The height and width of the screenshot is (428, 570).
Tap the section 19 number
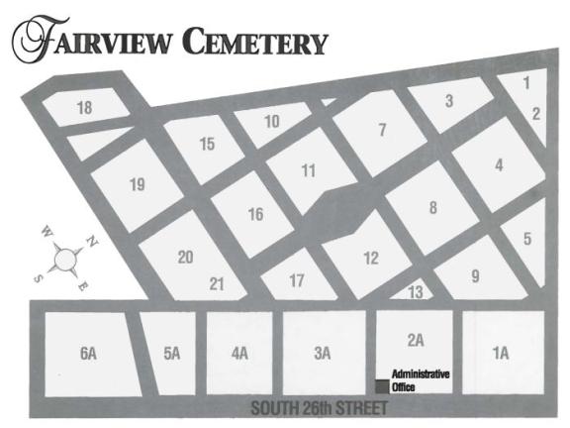tap(138, 183)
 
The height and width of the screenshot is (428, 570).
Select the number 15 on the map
tap(207, 145)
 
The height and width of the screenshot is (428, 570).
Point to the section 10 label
tap(271, 122)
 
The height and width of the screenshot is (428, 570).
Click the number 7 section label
tap(382, 129)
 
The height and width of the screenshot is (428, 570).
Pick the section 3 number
tap(448, 100)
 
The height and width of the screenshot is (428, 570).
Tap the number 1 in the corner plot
tap(526, 82)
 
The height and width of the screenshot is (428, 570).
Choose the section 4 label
tap(499, 165)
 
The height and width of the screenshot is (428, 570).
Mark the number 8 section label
tap(432, 208)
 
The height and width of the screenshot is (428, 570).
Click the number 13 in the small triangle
tap(416, 291)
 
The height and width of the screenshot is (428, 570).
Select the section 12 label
tap(370, 259)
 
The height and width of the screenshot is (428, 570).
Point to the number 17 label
tap(297, 280)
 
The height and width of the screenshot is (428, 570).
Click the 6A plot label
tap(88, 353)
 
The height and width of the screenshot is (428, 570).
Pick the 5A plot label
tap(172, 353)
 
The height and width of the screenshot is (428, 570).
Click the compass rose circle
tap(66, 260)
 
